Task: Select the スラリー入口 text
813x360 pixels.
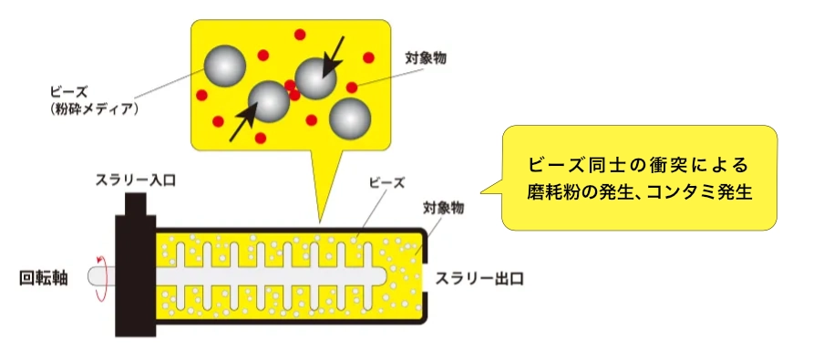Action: point(136,180)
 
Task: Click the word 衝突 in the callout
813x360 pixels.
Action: point(661,165)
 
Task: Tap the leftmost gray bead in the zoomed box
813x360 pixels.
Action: point(225,64)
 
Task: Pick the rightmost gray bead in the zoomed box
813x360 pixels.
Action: point(350,118)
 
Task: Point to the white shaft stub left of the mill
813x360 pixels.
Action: point(97,277)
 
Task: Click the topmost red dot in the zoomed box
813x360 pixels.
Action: point(299,33)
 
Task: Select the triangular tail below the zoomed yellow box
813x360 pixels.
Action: point(320,187)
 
